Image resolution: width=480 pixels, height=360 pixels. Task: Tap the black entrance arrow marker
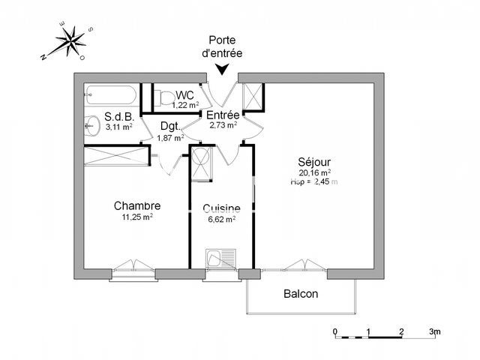tap(223, 70)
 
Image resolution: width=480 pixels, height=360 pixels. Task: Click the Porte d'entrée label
tap(223, 46)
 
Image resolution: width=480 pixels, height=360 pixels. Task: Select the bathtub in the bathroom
tap(110, 96)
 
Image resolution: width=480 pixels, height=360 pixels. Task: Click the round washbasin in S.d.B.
tap(93, 124)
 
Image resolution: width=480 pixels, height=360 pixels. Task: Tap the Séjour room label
tap(314, 161)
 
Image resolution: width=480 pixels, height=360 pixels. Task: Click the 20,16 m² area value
tap(314, 172)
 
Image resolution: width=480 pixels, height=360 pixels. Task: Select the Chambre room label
tap(137, 205)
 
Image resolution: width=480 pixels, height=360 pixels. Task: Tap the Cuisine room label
tap(221, 208)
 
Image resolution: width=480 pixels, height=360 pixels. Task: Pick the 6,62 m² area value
tap(221, 220)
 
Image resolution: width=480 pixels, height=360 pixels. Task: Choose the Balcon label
tap(300, 294)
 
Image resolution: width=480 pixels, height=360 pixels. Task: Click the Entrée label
tap(223, 115)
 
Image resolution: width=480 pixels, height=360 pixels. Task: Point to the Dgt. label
tap(170, 127)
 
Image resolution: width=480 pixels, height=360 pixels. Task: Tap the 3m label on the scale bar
tap(435, 331)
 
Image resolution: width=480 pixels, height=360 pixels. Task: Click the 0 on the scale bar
tap(336, 331)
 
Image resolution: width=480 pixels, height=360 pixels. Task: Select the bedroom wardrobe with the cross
tap(116, 157)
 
